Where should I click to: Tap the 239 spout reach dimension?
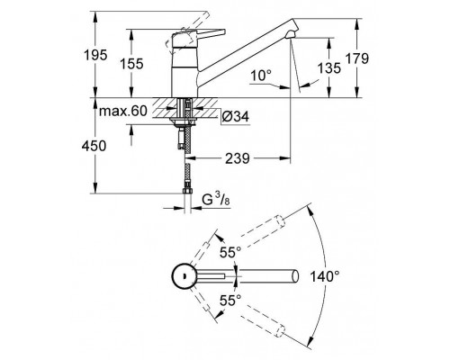(x=238, y=157)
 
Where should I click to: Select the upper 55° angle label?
(x=232, y=254)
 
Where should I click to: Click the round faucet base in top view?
(x=185, y=275)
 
